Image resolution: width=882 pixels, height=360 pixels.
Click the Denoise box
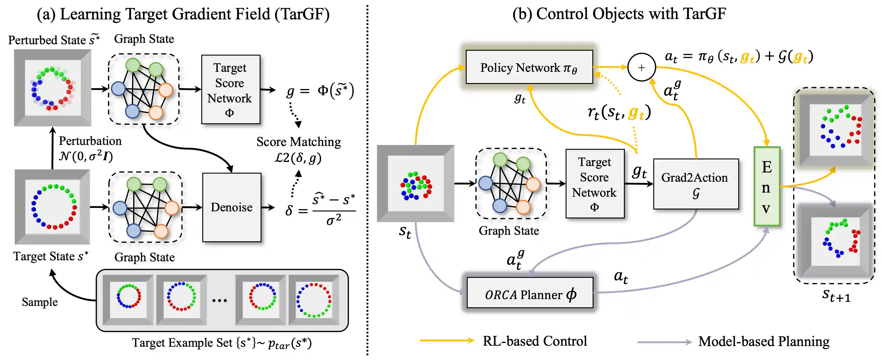click(232, 207)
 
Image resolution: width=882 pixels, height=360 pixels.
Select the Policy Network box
click(529, 67)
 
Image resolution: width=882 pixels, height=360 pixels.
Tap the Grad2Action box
click(695, 184)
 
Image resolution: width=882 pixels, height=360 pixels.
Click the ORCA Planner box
click(530, 293)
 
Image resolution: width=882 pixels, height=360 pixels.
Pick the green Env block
click(767, 186)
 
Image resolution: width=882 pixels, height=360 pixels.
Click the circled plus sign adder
click(641, 67)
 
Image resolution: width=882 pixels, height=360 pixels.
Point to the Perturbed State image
click(52, 88)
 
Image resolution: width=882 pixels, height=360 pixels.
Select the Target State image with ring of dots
click(52, 207)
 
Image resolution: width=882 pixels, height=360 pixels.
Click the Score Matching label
click(299, 142)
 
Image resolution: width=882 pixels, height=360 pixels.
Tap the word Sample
click(40, 302)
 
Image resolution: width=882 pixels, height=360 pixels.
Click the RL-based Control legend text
click(534, 341)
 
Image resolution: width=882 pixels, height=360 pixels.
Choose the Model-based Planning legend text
click(763, 342)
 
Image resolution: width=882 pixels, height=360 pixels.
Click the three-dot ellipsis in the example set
click(219, 301)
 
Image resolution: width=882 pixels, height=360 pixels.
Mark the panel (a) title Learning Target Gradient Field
click(183, 14)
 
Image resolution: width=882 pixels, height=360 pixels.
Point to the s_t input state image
click(415, 184)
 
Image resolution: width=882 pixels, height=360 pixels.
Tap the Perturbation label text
click(90, 141)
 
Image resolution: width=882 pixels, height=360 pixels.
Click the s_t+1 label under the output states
click(836, 295)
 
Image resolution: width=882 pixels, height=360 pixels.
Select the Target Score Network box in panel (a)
click(231, 89)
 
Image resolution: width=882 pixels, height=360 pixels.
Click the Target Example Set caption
click(222, 343)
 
